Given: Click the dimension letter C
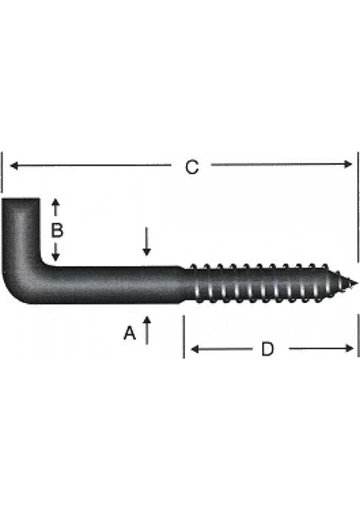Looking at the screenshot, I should point(192,167).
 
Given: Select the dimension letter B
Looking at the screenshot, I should point(57,230).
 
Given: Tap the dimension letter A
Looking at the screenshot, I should point(129,334).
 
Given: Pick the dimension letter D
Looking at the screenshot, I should point(267,349).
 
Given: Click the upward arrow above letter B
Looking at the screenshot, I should point(56,204).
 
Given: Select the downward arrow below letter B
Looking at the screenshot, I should point(56,255).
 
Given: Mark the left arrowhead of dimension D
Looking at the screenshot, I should point(193,349).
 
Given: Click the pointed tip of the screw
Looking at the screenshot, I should point(355,283).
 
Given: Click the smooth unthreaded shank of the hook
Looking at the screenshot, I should point(119,282).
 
